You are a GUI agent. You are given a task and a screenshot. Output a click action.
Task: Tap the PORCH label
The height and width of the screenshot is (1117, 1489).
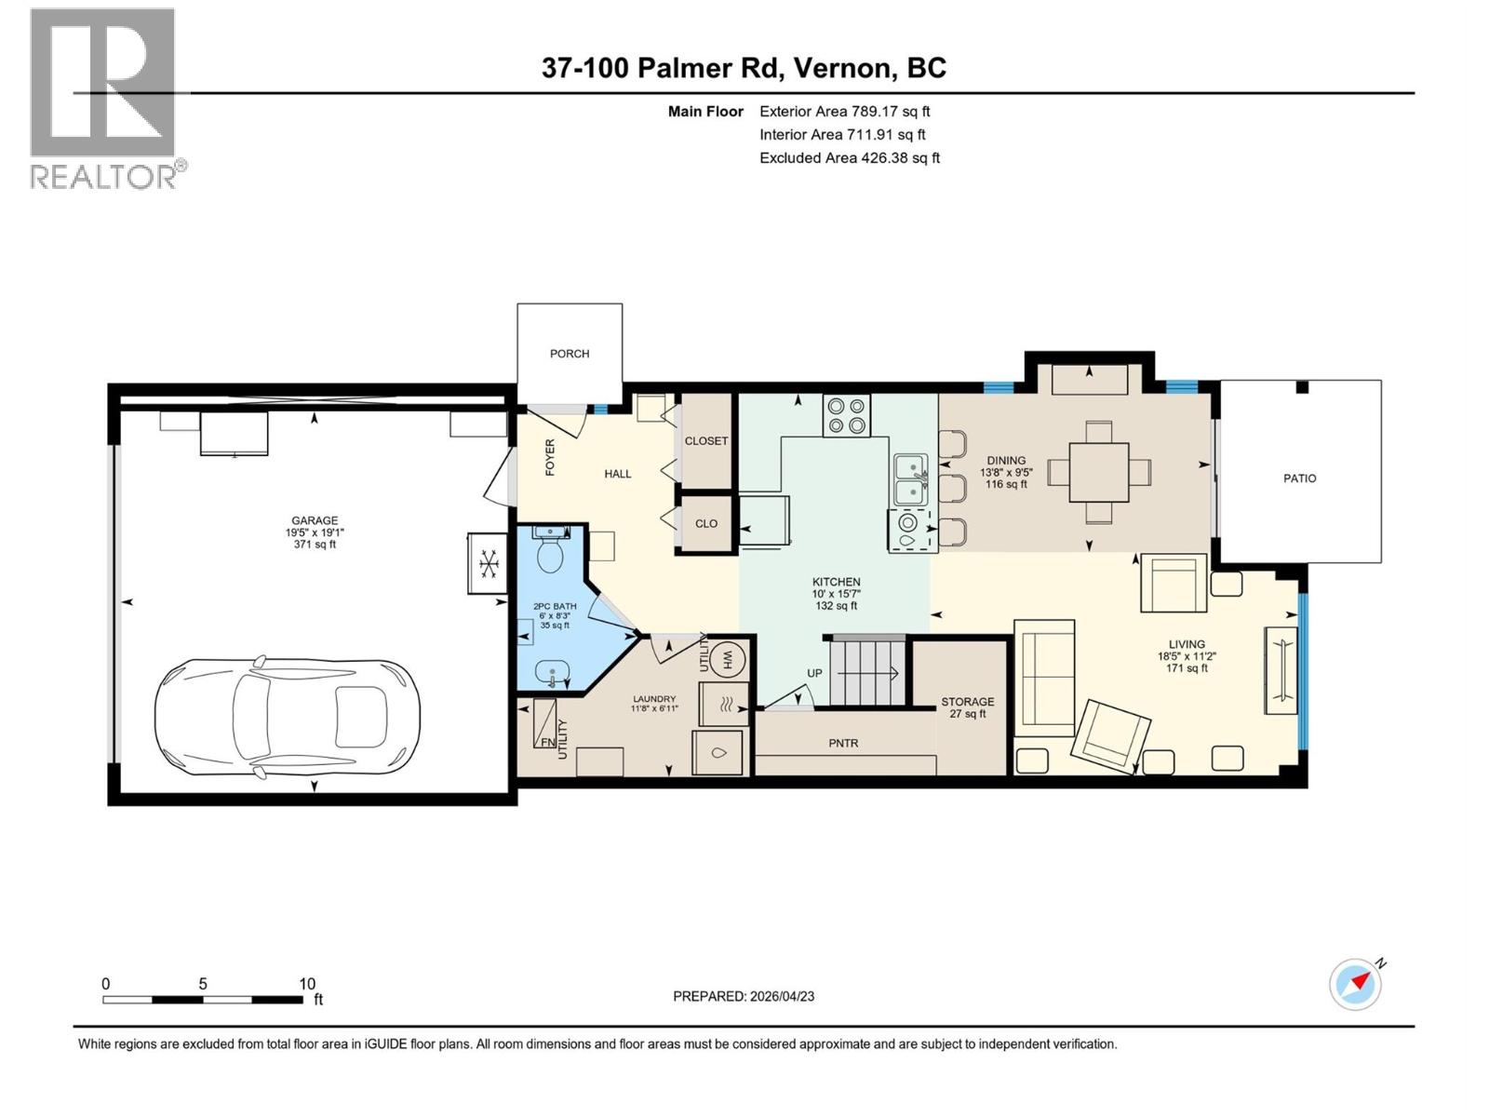click(x=570, y=354)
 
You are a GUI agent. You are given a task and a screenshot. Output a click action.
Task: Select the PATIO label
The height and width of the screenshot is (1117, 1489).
click(x=1299, y=478)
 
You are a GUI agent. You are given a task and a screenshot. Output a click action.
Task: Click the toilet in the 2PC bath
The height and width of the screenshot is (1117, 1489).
click(x=550, y=553)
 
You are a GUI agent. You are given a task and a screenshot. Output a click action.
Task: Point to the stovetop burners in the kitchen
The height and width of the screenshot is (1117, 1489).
click(x=846, y=415)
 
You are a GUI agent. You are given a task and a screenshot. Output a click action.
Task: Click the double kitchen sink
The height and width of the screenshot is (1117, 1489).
click(x=910, y=479)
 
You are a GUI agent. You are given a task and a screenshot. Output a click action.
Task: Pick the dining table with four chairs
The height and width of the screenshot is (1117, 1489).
click(x=1099, y=472)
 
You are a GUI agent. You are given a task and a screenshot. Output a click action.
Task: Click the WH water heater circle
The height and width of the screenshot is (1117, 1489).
click(x=729, y=660)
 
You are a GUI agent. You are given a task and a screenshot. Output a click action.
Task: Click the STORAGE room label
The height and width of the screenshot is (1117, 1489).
click(x=967, y=702)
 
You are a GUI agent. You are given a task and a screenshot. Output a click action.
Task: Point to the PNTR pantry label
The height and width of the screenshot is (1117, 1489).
click(x=843, y=743)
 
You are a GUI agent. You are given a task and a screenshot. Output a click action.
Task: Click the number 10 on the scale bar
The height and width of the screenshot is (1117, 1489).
click(x=307, y=983)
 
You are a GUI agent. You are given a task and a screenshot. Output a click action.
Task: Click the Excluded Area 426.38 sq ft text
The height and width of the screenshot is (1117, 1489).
click(x=849, y=158)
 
